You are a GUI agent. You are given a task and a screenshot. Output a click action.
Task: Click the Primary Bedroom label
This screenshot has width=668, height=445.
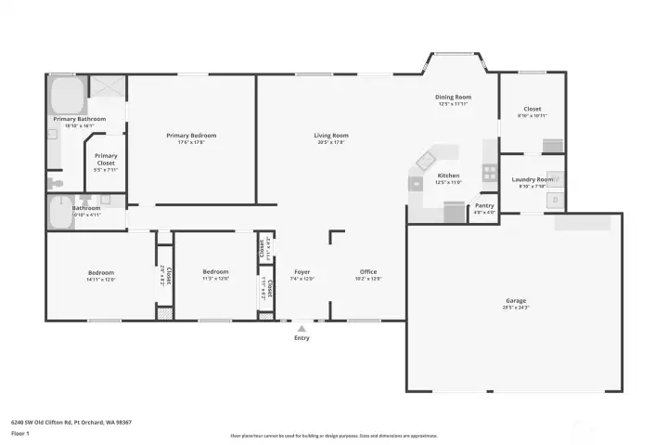coord(191,136)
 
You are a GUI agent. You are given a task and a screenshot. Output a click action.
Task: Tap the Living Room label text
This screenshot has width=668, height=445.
coord(330,136)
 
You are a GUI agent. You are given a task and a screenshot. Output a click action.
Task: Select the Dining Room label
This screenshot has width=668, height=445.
coord(454,97)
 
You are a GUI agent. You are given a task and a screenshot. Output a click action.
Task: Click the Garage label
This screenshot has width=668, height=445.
coord(515,301)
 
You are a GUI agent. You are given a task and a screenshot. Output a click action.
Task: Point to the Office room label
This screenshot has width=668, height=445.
coord(368,271)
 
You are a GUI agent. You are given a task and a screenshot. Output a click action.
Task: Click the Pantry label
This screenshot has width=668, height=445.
coord(484,205)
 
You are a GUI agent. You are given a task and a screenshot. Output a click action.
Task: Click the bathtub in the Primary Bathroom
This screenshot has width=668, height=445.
coord(67,95)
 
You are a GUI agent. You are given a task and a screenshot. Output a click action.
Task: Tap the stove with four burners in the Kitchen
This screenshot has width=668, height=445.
coord(489,172)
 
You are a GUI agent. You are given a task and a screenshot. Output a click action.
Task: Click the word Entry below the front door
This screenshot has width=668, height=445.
coord(302,337)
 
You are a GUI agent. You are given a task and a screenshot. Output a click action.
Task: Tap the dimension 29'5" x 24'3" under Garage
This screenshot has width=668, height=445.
coord(515,308)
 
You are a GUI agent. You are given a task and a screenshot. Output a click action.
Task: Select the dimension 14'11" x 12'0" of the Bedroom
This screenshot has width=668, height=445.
coord(100,279)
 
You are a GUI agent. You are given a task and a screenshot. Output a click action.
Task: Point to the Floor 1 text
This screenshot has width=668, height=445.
coord(19,433)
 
